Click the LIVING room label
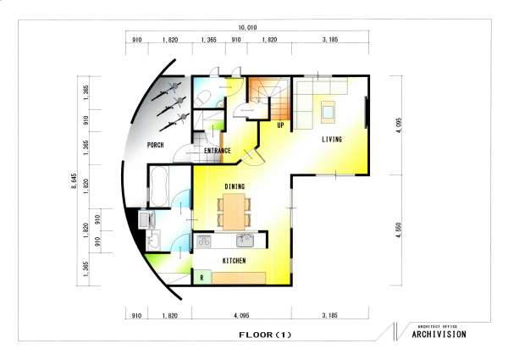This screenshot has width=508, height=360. click(x=332, y=139)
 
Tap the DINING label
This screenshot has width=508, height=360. click(x=235, y=186)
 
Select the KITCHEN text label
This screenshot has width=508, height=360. click(x=234, y=261)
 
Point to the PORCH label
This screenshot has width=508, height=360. click(x=156, y=145)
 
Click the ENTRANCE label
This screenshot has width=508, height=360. click(x=218, y=151)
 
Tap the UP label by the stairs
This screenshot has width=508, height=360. click(x=280, y=125)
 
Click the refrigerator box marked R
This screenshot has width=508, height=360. click(x=202, y=277)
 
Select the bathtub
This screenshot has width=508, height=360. click(x=158, y=186)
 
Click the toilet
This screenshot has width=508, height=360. click(x=203, y=98)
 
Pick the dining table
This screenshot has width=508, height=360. click(x=235, y=212)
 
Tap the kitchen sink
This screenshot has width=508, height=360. click(x=246, y=241)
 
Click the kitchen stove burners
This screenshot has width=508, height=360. click(x=204, y=241)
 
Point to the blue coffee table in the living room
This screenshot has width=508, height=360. click(x=329, y=112)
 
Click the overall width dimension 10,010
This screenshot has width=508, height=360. click(x=247, y=28)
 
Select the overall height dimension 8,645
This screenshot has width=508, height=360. click(x=75, y=181)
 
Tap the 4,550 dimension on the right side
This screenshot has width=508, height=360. click(x=399, y=230)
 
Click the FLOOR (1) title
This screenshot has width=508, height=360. click(x=265, y=335)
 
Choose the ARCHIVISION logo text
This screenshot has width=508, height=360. click(x=439, y=334)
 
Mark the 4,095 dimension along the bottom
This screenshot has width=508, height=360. click(x=241, y=315)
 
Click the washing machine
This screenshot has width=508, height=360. click(x=147, y=219)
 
